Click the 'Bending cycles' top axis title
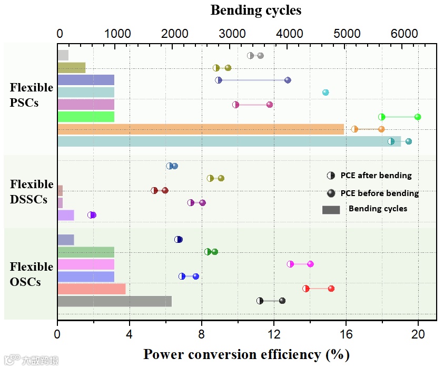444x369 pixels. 256,10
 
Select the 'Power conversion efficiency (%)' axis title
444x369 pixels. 246,354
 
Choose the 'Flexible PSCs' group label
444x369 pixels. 31,95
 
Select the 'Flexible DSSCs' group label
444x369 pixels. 32,192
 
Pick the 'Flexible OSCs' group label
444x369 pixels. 32,274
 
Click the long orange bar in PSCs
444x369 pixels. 200,129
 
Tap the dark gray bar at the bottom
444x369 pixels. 114,301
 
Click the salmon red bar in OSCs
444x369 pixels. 91,289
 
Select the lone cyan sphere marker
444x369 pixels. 325,93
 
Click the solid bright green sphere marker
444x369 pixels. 418,117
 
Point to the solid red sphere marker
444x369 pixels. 331,289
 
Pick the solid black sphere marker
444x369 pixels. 282,301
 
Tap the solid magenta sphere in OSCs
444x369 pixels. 311,264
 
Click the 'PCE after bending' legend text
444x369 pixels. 376,176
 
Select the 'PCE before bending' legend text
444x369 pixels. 379,193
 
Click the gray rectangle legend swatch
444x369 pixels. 331,209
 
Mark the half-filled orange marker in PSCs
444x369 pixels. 354,129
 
